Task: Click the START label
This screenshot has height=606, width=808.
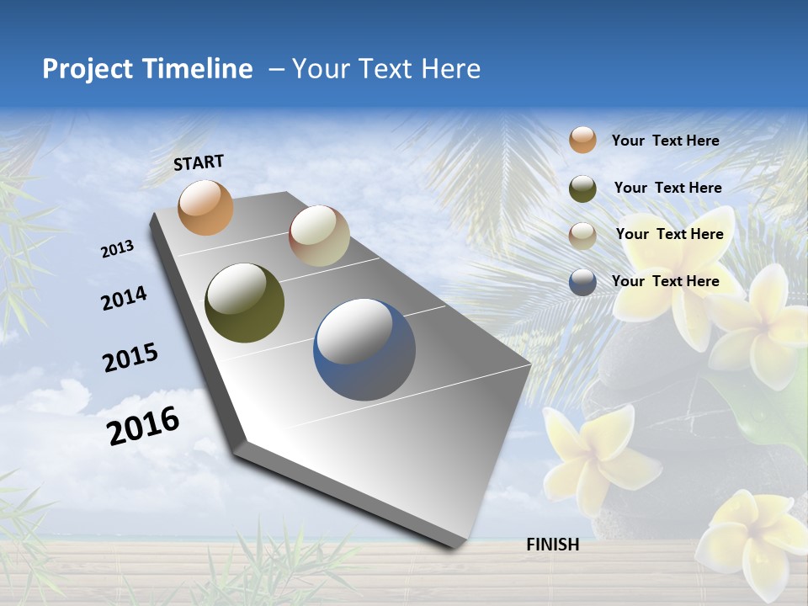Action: tap(199, 162)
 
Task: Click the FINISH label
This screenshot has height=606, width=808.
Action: tap(553, 545)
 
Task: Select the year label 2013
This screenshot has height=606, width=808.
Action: tap(118, 249)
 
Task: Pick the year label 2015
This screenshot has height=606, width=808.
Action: tap(130, 358)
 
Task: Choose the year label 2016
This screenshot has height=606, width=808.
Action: tap(144, 425)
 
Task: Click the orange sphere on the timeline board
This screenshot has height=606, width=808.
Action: tap(206, 207)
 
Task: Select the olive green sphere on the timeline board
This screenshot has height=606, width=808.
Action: tap(244, 303)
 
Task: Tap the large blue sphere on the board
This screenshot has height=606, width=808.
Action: tap(364, 349)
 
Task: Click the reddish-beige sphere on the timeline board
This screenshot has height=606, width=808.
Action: tap(319, 236)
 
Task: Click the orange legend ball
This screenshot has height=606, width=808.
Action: tap(582, 140)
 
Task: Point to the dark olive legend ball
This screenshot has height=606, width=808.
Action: tap(582, 189)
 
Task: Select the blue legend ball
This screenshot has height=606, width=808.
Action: tap(582, 282)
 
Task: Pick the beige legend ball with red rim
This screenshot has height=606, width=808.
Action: tap(582, 235)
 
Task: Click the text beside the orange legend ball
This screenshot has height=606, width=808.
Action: tap(665, 141)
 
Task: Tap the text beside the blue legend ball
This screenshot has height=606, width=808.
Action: tap(665, 281)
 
